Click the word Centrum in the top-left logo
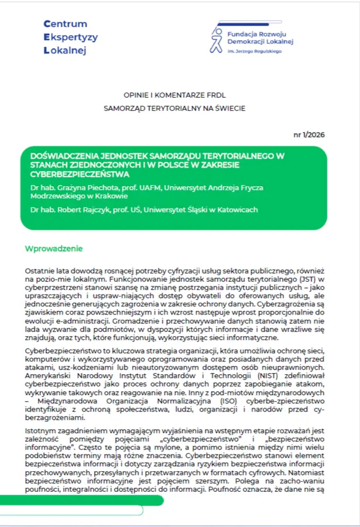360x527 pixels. tap(66, 24)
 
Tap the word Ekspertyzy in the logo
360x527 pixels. tap(71, 37)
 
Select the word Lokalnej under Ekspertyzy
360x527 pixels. tap(65, 51)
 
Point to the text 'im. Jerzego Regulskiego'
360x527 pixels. tap(254, 52)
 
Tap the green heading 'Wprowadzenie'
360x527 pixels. tap(54, 249)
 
